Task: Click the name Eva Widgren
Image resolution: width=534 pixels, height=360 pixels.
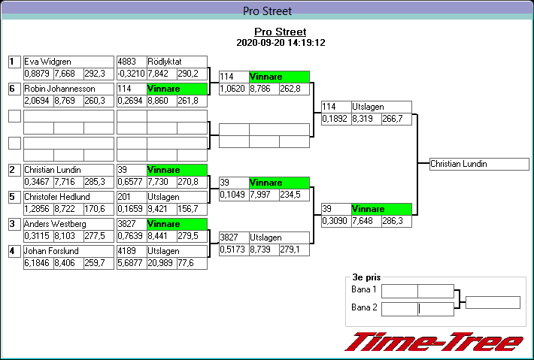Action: click(47, 62)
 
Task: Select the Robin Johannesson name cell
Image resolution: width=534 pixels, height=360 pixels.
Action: click(68, 89)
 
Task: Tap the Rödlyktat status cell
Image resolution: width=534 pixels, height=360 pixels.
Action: click(177, 62)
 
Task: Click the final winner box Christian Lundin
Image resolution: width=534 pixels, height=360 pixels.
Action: click(479, 164)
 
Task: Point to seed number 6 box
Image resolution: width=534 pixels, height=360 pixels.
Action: click(14, 89)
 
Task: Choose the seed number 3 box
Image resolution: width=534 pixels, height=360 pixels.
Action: click(14, 224)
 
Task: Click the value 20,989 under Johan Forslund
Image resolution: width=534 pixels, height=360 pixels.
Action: click(162, 263)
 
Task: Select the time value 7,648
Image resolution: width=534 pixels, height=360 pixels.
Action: click(363, 221)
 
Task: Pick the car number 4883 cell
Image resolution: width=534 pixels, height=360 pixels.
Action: click(132, 62)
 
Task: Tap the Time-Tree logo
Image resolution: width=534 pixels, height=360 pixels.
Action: click(434, 342)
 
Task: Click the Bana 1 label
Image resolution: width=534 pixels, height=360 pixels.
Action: click(364, 289)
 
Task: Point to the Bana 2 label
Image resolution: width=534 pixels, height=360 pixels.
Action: click(364, 307)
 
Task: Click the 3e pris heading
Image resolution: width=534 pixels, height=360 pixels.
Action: click(366, 277)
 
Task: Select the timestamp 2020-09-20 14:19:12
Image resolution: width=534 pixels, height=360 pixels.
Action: click(281, 43)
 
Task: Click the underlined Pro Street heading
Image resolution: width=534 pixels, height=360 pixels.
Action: click(281, 32)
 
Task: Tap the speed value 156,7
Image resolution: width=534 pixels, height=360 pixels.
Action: click(192, 209)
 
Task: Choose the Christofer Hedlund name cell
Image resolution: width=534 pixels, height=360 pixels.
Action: click(68, 197)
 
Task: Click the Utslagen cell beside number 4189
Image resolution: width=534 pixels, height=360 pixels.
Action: click(177, 252)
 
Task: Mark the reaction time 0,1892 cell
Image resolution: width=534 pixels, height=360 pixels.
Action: click(336, 119)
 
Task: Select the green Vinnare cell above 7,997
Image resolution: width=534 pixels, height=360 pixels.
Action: click(279, 183)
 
